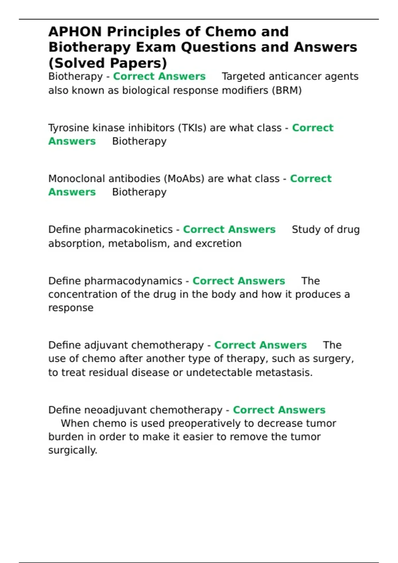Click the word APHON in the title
coord(75,32)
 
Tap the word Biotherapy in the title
coord(90,47)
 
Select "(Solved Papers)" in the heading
coord(108,63)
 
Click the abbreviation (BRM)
coord(287,90)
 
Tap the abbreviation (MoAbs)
coord(184,179)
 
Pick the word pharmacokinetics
coord(128,230)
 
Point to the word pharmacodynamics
coord(133,281)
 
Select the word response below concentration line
coord(71,308)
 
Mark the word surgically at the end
coord(73,450)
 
